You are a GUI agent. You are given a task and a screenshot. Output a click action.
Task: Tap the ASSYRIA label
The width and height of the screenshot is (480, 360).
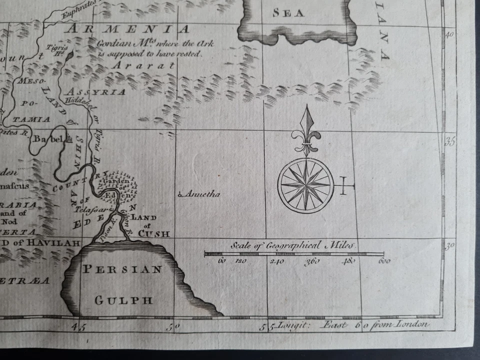tap(95, 92)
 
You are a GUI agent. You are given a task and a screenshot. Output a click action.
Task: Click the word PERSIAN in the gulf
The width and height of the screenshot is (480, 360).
tap(122, 269)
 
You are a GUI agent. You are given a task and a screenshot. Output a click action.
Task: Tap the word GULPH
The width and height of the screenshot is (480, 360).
tap(123, 300)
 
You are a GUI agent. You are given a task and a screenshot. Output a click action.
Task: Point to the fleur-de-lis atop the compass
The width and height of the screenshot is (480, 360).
tap(305, 135)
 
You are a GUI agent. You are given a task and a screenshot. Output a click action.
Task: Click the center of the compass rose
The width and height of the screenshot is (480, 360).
tap(305, 185)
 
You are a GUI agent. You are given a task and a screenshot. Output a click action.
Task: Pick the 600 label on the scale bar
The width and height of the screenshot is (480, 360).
tap(383, 261)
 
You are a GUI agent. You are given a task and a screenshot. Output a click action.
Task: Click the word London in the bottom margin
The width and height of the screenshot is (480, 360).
tap(412, 323)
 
